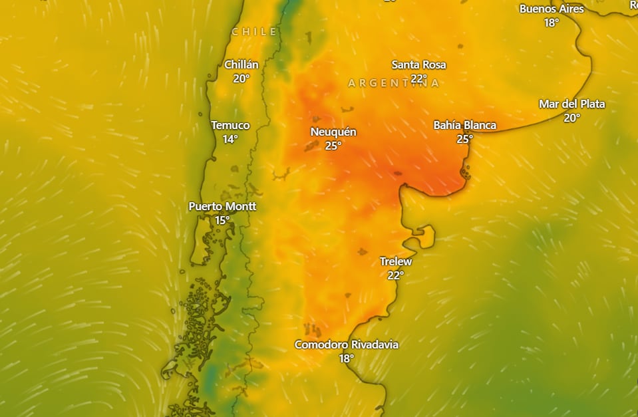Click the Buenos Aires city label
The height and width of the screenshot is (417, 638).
(x=552, y=9)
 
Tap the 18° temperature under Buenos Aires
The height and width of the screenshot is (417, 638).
(x=552, y=23)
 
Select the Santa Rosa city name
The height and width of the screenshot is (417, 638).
(x=418, y=65)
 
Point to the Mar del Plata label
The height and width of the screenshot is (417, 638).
(x=572, y=104)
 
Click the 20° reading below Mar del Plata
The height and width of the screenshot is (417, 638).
(x=572, y=118)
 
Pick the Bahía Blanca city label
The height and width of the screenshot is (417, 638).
(x=464, y=125)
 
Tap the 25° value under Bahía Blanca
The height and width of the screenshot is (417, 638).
(x=464, y=139)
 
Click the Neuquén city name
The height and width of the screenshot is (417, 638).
(x=333, y=132)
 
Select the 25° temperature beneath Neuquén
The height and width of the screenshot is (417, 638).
(x=333, y=146)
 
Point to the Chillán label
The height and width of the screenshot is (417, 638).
(x=241, y=65)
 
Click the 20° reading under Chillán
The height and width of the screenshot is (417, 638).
(x=241, y=78)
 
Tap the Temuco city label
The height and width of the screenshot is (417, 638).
(x=230, y=125)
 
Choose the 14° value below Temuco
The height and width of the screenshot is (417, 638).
(x=230, y=139)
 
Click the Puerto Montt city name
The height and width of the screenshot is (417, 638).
(x=222, y=206)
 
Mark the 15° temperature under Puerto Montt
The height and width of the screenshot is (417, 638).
(x=222, y=220)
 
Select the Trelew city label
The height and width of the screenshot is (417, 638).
(x=396, y=261)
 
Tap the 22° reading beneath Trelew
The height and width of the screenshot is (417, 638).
(x=396, y=275)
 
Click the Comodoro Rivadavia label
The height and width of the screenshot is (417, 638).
(x=347, y=345)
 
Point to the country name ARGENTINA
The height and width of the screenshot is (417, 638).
(x=394, y=83)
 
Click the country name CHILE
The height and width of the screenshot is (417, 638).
(x=254, y=31)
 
